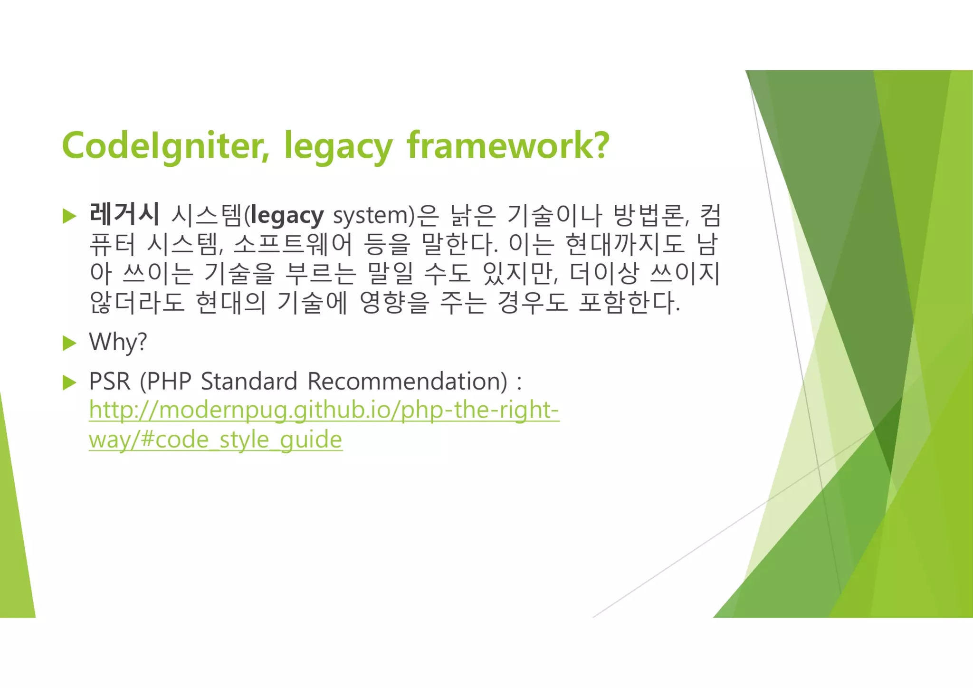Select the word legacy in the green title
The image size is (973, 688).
pyautogui.click(x=338, y=147)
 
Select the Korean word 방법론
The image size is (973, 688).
pyautogui.click(x=649, y=215)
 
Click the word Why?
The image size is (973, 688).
pyautogui.click(x=118, y=342)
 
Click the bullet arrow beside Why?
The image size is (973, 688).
pyautogui.click(x=69, y=343)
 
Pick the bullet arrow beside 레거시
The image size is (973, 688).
pyautogui.click(x=69, y=216)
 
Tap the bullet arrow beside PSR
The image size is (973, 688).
pyautogui.click(x=69, y=382)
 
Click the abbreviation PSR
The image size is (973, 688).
pyautogui.click(x=109, y=382)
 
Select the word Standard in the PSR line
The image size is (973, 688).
pyautogui.click(x=249, y=382)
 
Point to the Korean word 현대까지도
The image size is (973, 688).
pyautogui.click(x=625, y=244)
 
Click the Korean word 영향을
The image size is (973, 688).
pyautogui.click(x=394, y=302)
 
